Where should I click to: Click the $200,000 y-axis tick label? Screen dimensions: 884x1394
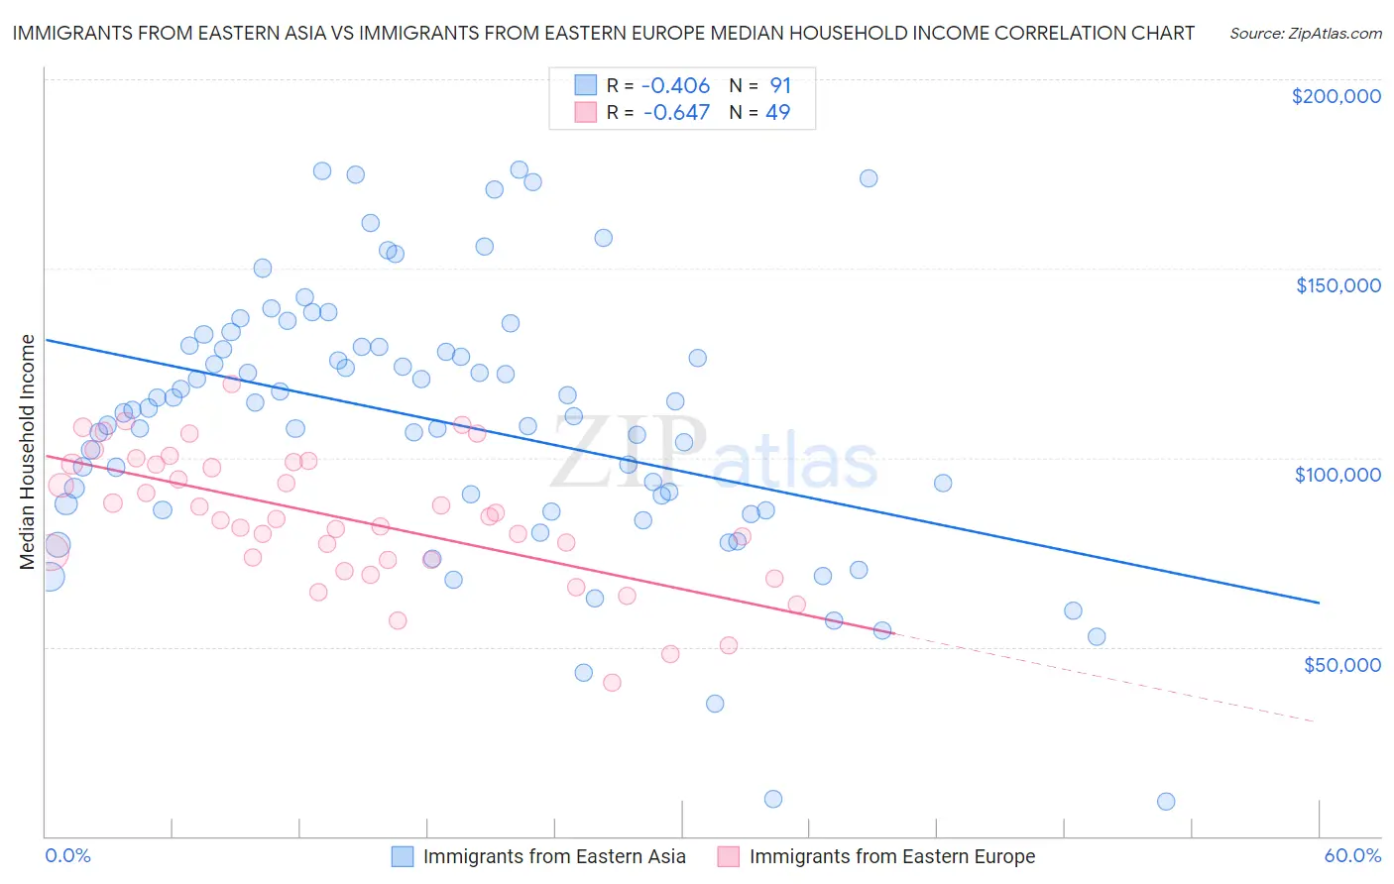point(1336,96)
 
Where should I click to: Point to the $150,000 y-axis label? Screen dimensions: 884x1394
point(1337,285)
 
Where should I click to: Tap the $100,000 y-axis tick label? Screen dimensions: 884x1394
point(1337,475)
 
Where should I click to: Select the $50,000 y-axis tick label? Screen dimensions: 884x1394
point(1341,664)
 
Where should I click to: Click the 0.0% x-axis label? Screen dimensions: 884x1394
point(67,855)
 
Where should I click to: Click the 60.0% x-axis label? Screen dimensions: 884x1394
point(1352,855)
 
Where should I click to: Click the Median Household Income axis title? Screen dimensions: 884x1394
point(27,452)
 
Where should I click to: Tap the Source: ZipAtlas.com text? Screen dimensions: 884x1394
point(1305,33)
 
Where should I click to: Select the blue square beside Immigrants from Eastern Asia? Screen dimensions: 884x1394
point(402,856)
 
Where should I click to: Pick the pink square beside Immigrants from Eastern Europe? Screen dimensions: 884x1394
point(729,856)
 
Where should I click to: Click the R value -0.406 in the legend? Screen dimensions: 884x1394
point(676,86)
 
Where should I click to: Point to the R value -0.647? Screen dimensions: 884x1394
point(676,112)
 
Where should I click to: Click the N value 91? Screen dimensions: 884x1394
point(780,86)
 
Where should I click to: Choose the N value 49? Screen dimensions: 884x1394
point(778,112)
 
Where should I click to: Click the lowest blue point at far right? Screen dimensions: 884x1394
point(1166,802)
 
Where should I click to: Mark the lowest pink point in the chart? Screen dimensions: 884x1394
point(612,683)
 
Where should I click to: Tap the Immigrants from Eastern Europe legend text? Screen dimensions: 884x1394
point(891,856)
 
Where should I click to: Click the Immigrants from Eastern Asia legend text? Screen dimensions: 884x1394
point(554,856)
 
